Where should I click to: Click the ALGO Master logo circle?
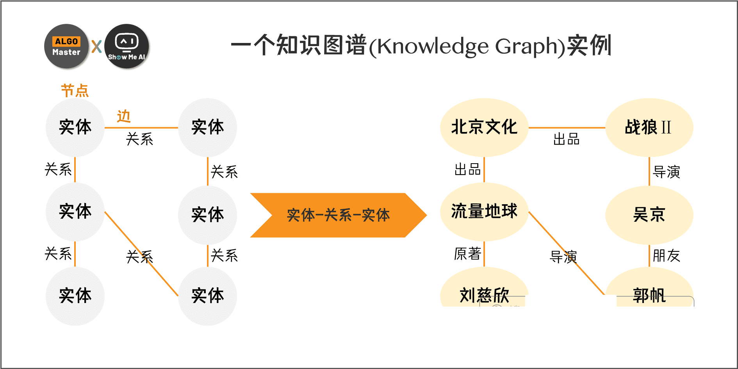(x=66, y=46)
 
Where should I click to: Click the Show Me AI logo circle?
(x=127, y=46)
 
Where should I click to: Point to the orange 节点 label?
(x=75, y=91)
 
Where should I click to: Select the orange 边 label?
(x=124, y=116)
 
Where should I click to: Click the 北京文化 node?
(x=484, y=127)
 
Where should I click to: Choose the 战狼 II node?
(x=649, y=127)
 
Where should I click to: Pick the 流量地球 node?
(x=484, y=212)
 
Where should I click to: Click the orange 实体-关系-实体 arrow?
(x=339, y=215)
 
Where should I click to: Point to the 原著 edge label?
(x=467, y=254)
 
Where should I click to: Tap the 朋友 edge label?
(x=667, y=256)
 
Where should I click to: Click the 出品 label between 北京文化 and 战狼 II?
(x=567, y=139)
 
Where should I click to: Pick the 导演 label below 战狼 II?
(x=667, y=172)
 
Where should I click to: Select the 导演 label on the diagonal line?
(x=563, y=257)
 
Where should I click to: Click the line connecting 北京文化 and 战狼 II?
(x=567, y=128)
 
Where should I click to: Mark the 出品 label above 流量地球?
(x=467, y=169)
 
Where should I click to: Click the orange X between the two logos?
(x=96, y=46)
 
